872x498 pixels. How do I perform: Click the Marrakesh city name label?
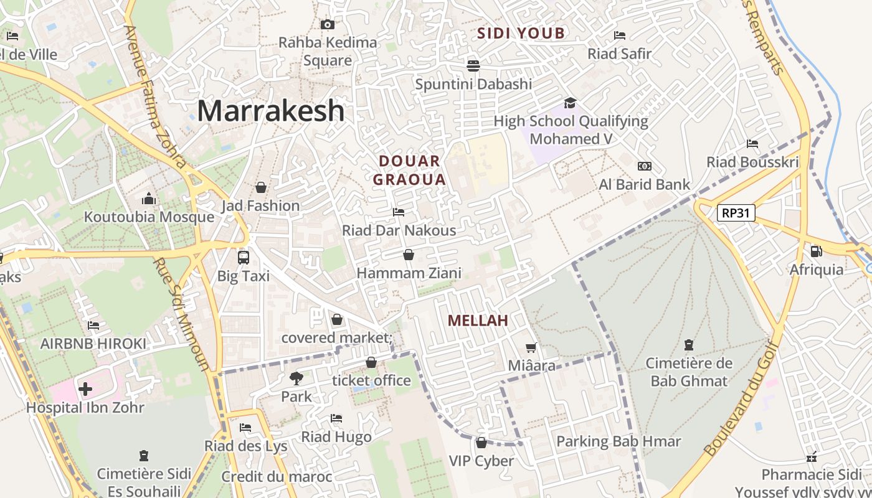pos(270,111)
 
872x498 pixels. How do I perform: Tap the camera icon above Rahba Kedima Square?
pos(327,25)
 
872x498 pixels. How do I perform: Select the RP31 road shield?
pos(736,213)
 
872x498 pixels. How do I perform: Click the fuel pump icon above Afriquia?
pos(815,251)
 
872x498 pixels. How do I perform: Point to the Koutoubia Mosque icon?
pos(149,199)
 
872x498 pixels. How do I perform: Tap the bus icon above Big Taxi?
pos(243,257)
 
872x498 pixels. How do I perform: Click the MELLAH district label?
pos(478,321)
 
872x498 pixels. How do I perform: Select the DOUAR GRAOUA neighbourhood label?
pos(412,170)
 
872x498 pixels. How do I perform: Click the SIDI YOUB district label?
pos(521,34)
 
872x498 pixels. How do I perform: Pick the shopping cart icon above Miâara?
pos(531,347)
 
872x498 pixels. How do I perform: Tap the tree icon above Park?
pos(296,377)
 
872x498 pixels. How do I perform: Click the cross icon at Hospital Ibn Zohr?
pos(85,390)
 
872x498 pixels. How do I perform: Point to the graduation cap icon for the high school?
pos(570,103)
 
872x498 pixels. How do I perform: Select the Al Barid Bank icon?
pos(645,166)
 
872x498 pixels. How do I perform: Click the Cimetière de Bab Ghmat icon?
pos(689,344)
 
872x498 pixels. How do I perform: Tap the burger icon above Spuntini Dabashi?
pos(473,65)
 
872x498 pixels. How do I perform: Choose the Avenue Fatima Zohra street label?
pos(155,96)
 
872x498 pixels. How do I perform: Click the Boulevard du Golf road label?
pos(741,398)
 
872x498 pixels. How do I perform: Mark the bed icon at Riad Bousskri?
pos(752,144)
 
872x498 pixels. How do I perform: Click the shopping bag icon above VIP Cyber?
pos(481,443)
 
